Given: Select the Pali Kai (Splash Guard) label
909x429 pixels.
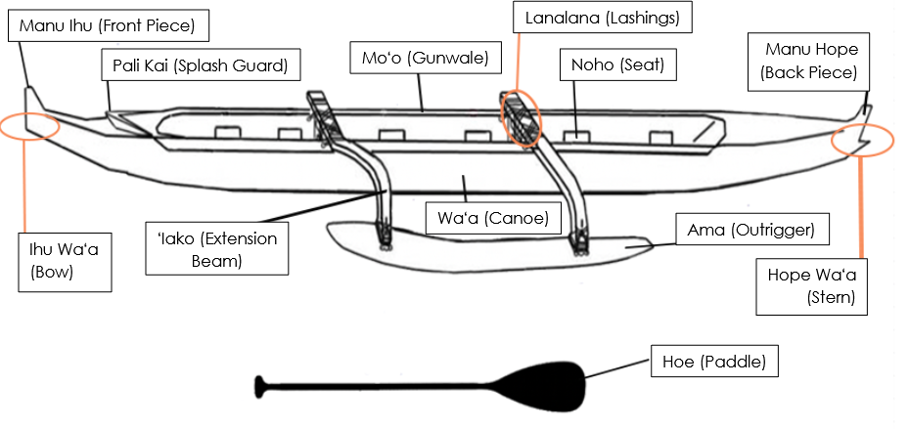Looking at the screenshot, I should pyautogui.click(x=200, y=66).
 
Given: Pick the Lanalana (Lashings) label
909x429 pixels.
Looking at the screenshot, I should pyautogui.click(x=603, y=18).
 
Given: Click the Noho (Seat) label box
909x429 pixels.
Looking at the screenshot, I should pyautogui.click(x=612, y=65).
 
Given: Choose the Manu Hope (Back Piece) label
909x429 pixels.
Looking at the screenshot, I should pyautogui.click(x=810, y=60).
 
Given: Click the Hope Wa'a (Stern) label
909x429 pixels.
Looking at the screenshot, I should pyautogui.click(x=811, y=286).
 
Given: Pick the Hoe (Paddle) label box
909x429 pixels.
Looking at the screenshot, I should pyautogui.click(x=714, y=363).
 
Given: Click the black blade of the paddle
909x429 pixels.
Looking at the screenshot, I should pyautogui.click(x=548, y=385).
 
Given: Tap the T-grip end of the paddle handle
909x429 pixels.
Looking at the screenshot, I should pyautogui.click(x=260, y=385).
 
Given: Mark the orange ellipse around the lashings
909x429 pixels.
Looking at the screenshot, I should pyautogui.click(x=521, y=118).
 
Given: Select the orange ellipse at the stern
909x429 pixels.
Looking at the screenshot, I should pyautogui.click(x=861, y=141).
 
